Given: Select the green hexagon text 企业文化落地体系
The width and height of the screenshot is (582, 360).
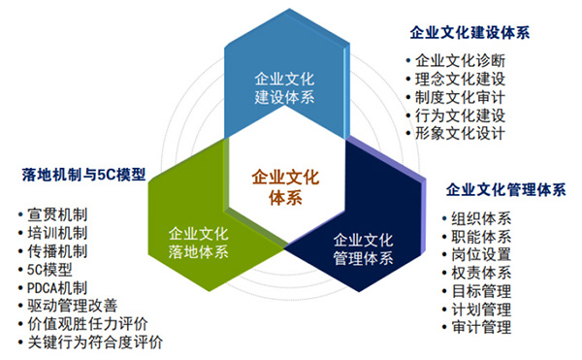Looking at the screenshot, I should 198,243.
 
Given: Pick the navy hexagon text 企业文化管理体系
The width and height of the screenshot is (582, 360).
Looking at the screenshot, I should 363,248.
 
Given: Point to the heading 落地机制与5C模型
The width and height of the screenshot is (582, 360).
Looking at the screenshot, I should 83,176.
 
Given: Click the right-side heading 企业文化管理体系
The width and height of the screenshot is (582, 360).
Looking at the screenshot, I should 505,188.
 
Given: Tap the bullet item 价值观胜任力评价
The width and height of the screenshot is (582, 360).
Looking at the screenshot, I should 88,324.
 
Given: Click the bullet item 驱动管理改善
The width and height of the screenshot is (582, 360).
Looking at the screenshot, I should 73,306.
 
